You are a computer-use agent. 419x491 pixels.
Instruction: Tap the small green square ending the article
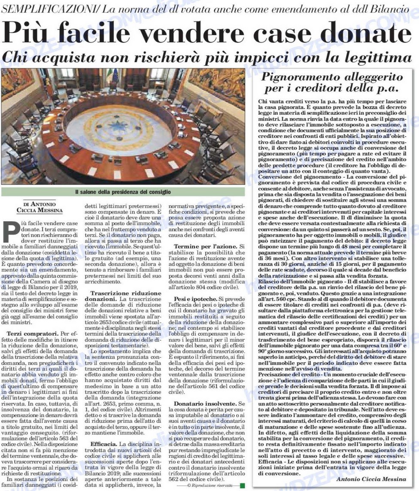click(243, 485)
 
